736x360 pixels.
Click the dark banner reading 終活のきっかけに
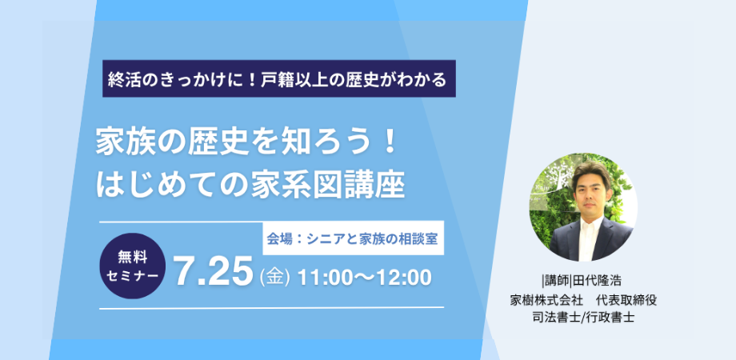[279, 78]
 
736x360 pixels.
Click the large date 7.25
[211, 272]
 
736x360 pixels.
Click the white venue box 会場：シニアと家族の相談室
[353, 238]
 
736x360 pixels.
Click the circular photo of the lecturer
[583, 207]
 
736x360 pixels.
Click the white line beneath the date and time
[272, 308]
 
